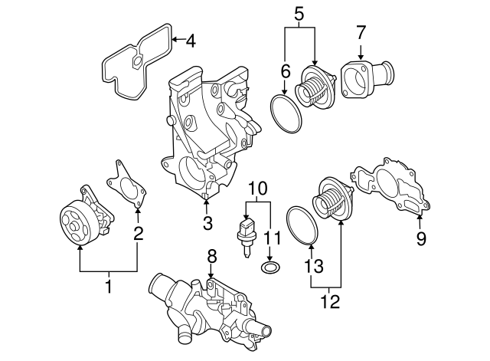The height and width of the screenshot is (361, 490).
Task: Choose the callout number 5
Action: (x=299, y=13)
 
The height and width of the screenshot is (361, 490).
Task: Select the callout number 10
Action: (x=257, y=186)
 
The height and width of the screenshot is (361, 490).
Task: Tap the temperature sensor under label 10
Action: (x=246, y=232)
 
